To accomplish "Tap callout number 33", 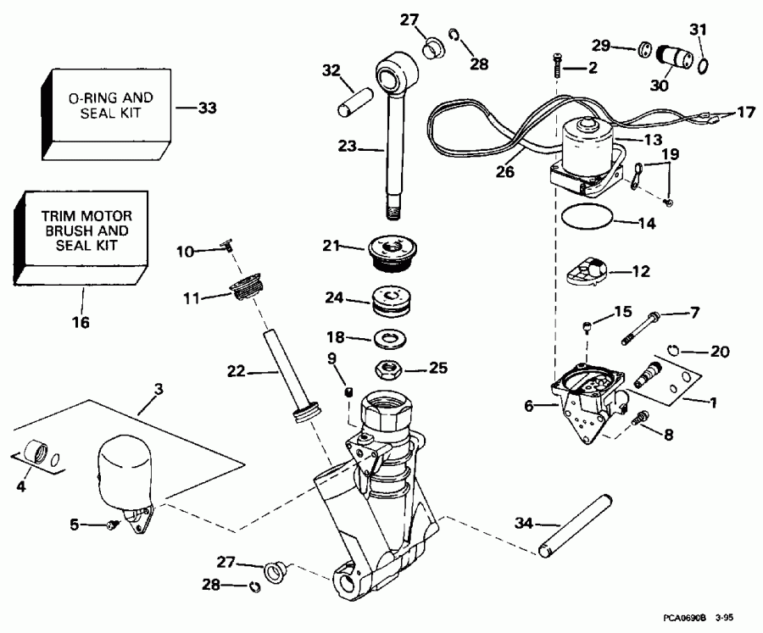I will [x=207, y=108].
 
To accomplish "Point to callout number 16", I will [x=83, y=322].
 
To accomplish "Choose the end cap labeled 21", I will [x=392, y=251].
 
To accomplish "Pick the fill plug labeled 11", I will [x=247, y=287].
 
